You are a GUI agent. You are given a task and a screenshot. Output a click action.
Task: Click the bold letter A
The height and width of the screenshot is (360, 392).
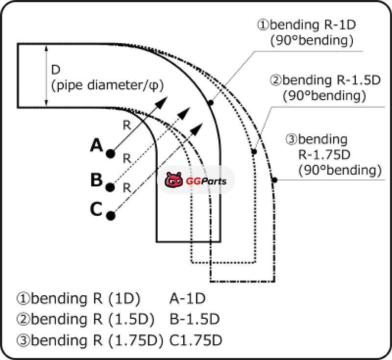(x=96, y=145)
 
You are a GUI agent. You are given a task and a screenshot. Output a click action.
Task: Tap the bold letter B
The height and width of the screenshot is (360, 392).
(x=96, y=180)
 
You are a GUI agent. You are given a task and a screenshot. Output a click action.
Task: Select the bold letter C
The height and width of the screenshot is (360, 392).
(x=96, y=210)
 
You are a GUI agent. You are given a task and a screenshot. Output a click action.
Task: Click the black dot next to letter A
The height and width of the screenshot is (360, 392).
(x=111, y=154)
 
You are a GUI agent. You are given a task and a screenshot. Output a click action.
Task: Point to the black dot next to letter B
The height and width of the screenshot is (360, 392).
(x=111, y=186)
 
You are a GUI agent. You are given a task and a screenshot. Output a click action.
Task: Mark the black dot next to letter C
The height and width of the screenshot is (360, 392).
(x=111, y=215)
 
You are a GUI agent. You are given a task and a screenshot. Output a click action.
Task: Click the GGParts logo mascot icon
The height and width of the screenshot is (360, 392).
(x=173, y=181)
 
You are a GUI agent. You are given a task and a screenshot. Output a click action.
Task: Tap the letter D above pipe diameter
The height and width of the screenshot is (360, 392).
(x=56, y=70)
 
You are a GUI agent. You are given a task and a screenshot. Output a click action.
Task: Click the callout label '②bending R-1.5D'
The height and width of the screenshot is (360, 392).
(x=324, y=80)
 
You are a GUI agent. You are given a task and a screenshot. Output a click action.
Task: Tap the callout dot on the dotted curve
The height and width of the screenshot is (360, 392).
(x=254, y=152)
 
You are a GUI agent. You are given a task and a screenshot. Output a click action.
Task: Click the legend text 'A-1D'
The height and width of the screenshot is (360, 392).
(x=188, y=299)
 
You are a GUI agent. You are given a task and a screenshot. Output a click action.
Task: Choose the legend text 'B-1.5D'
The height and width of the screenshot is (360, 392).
(x=194, y=319)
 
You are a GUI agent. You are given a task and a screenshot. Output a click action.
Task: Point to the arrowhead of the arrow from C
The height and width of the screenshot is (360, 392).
(x=197, y=129)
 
